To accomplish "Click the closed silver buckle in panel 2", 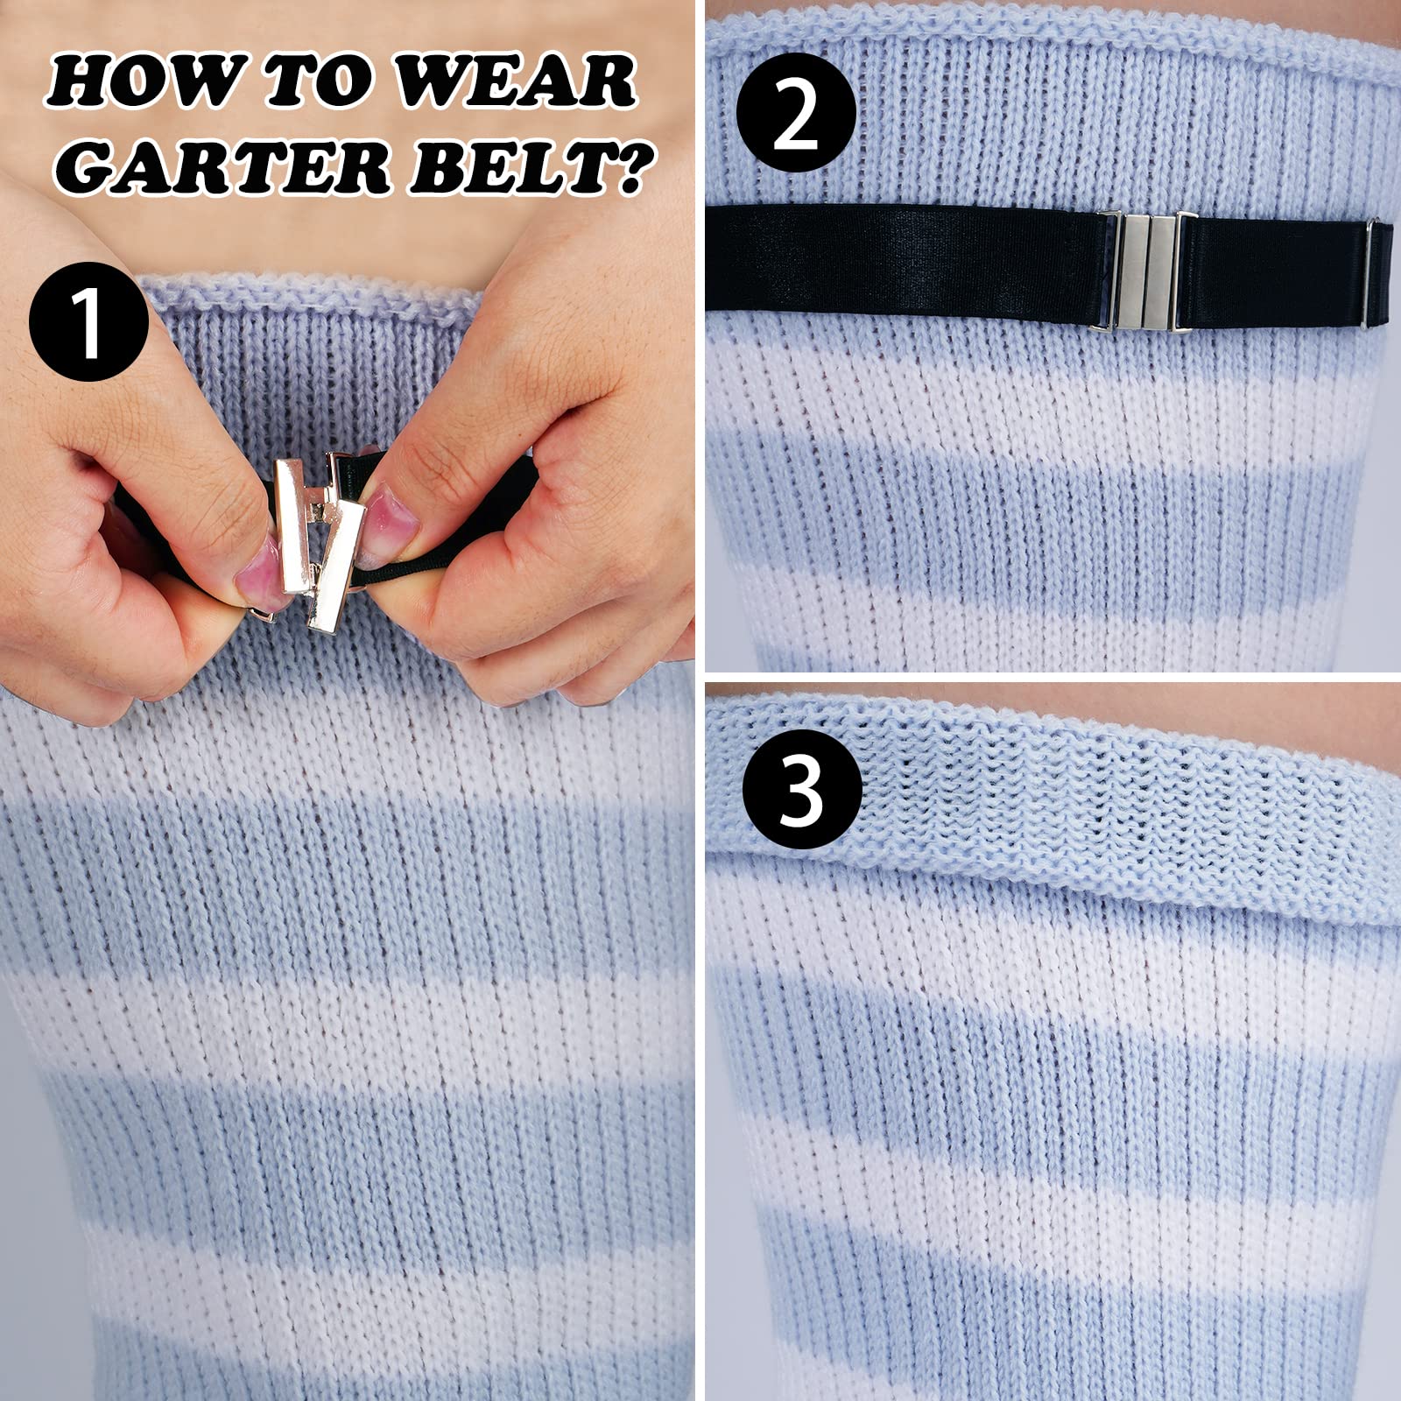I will [1147, 271].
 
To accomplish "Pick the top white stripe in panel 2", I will [1051, 385].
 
